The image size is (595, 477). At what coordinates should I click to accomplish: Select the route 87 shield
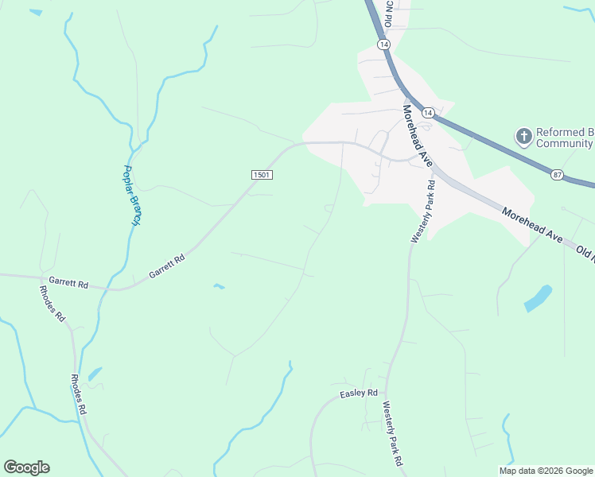pyautogui.click(x=556, y=174)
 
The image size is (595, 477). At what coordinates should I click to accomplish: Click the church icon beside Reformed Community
pyautogui.click(x=523, y=137)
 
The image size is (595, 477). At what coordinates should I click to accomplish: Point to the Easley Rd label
pyautogui.click(x=358, y=394)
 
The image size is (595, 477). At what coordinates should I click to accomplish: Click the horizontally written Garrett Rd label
pyautogui.click(x=67, y=281)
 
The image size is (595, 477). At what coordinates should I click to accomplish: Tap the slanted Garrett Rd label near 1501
pyautogui.click(x=167, y=267)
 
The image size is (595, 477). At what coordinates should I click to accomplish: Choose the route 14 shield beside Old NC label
pyautogui.click(x=384, y=46)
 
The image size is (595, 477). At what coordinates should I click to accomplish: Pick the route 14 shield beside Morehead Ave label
pyautogui.click(x=427, y=113)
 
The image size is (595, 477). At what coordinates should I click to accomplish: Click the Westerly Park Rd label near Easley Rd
pyautogui.click(x=393, y=434)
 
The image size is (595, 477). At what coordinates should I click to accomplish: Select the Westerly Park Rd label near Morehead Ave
pyautogui.click(x=422, y=211)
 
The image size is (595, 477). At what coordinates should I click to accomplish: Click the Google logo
pyautogui.click(x=26, y=467)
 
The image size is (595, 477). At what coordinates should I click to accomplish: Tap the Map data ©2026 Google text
pyautogui.click(x=546, y=471)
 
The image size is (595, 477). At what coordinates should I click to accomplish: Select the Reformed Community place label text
pyautogui.click(x=565, y=138)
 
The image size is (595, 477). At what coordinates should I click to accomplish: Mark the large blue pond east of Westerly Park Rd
pyautogui.click(x=539, y=298)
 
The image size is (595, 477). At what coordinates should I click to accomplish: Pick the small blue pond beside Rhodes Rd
pyautogui.click(x=95, y=373)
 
